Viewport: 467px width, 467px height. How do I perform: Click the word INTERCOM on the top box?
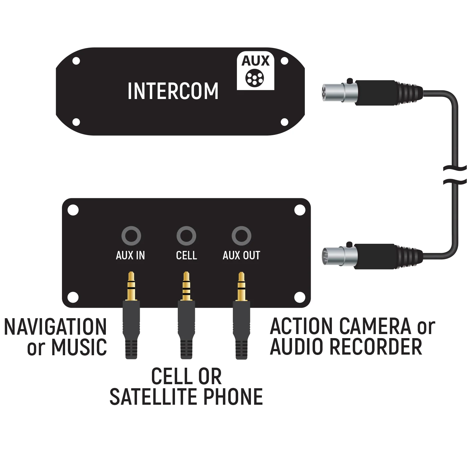[173, 91]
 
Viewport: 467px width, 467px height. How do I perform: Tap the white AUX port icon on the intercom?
[255, 71]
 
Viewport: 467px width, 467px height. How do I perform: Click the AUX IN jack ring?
[131, 236]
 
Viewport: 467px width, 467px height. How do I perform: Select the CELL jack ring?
[186, 236]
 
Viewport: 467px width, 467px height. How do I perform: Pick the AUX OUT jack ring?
[241, 236]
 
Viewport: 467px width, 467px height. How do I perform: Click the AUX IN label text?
[130, 256]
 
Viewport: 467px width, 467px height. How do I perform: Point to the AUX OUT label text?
[241, 256]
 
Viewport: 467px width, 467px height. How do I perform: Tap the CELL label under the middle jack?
[186, 256]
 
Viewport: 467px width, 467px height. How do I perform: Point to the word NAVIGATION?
[55, 327]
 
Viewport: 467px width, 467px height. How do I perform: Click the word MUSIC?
[79, 347]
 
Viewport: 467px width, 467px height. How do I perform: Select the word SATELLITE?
[155, 397]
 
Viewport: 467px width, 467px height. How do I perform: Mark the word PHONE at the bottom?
[233, 397]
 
